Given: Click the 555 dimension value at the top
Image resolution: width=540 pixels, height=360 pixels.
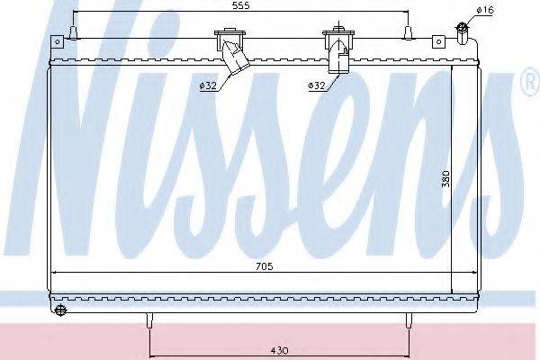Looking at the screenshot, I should [240, 5].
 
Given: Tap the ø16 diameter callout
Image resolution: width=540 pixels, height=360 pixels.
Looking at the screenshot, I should [485, 10].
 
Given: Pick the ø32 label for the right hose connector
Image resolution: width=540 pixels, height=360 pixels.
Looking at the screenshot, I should [316, 85].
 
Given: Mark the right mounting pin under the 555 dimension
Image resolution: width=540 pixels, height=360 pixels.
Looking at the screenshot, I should [408, 35].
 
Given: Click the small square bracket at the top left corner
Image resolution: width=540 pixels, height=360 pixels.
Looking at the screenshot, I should [54, 41].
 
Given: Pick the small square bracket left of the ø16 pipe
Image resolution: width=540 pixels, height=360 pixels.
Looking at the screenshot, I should [438, 40].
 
